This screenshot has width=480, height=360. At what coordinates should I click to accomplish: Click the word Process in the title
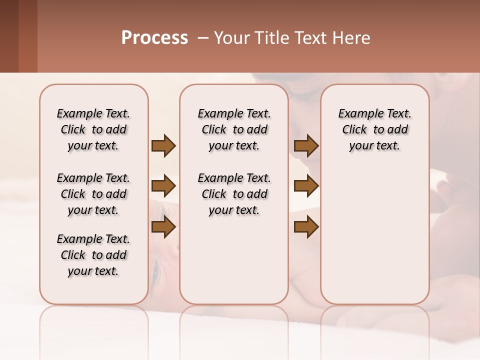154,38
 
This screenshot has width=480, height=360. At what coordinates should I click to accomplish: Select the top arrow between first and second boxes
163,145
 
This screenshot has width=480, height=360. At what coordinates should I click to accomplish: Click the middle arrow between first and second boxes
163,186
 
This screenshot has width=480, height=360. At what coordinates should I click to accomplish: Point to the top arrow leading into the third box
306,145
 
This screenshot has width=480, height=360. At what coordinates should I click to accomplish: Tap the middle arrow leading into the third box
306,186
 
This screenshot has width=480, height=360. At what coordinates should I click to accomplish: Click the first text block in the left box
93,129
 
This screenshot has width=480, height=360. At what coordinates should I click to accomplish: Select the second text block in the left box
93,194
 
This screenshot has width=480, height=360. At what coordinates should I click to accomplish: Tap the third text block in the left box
93,255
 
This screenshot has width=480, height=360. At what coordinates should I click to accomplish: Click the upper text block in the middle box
234,129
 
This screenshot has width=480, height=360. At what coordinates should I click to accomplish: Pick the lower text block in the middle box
234,194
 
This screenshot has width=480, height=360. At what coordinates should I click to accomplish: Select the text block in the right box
374,129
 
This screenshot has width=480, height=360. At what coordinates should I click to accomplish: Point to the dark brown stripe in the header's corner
9,36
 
